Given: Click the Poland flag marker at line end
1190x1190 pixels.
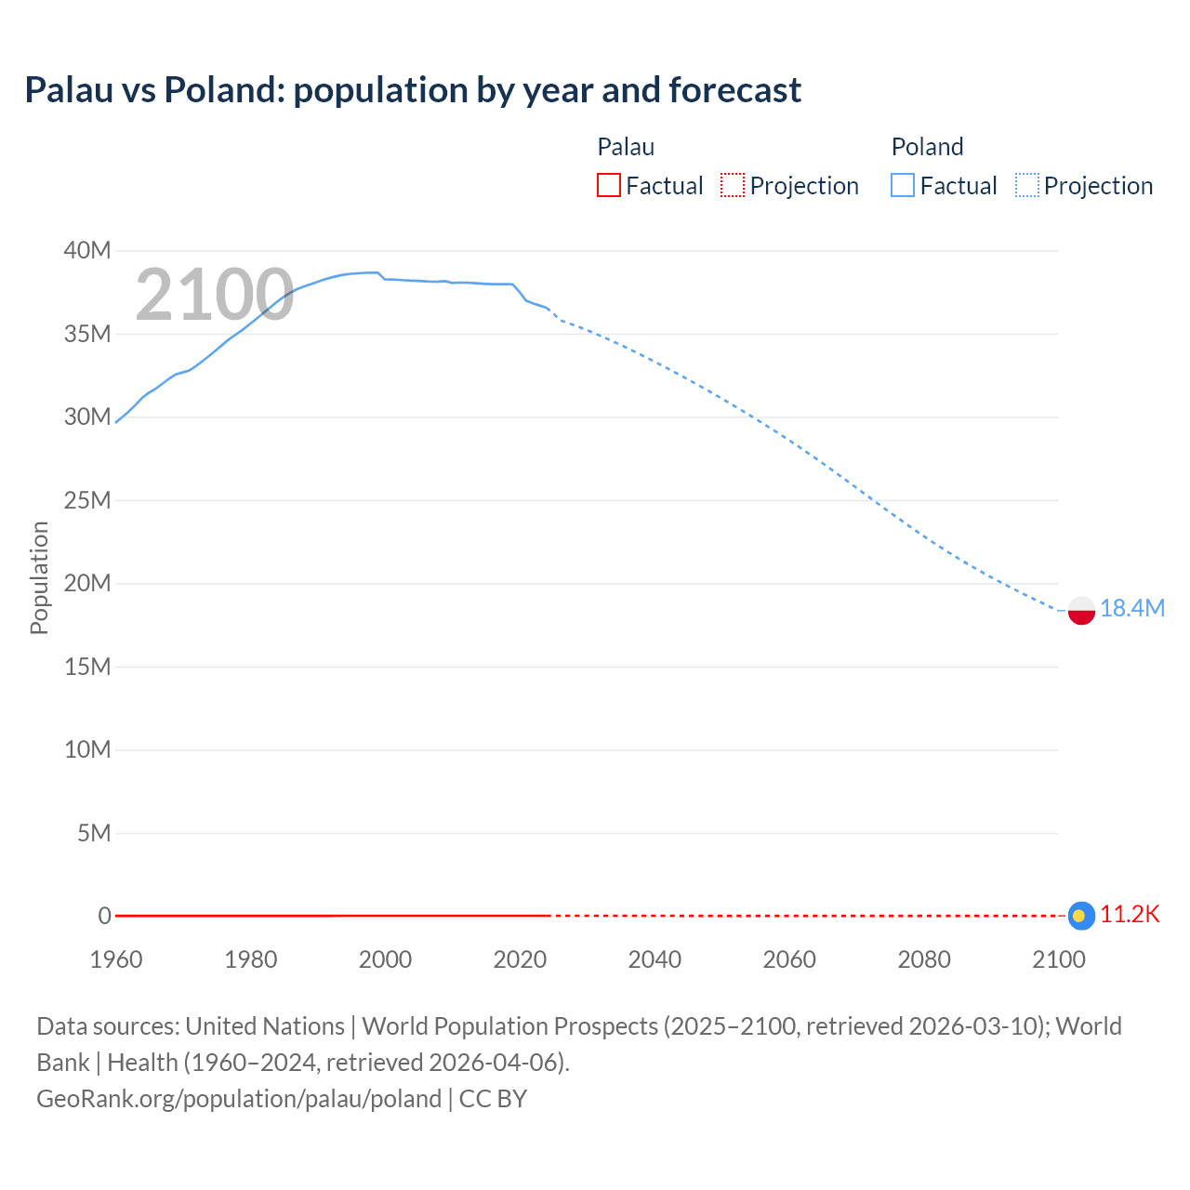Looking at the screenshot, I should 1081,610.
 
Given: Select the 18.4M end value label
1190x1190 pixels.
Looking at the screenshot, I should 1132,608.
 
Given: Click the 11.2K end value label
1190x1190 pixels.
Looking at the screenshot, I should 1130,915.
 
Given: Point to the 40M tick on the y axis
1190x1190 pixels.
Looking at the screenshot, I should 87,250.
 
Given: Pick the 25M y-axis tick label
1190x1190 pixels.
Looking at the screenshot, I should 87,500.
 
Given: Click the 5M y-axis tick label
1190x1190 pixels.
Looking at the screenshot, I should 94,833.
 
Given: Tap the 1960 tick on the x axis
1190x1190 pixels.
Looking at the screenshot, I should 116,959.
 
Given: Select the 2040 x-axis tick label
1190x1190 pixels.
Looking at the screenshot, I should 654,959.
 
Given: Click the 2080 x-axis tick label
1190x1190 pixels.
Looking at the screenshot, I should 924,959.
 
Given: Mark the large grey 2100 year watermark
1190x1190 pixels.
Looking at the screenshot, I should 215,295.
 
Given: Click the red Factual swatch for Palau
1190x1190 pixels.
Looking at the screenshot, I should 608,185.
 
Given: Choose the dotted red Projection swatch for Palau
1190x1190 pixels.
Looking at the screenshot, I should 733,185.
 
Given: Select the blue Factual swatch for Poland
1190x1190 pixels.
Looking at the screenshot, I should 902,185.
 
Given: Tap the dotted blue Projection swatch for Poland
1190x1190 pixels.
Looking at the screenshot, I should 1026,185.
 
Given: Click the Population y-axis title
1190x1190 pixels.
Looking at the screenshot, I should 39,577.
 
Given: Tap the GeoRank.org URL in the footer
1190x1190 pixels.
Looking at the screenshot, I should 239,1098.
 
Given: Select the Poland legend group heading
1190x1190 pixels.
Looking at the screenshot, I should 927,147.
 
